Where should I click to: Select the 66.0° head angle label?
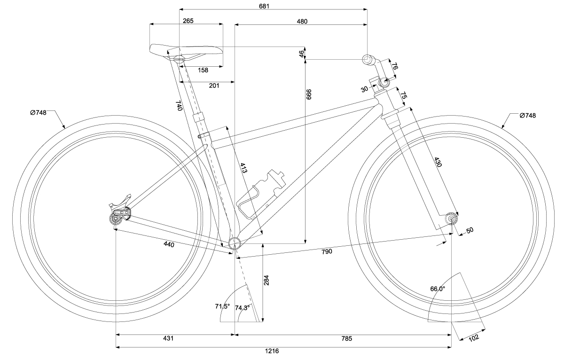pos(437,289)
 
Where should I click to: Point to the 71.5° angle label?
pos(222,306)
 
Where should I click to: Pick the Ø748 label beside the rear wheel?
pos(38,112)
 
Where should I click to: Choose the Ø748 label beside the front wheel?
pos(528,115)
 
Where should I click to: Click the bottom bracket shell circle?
pos(235,243)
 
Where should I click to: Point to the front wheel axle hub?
pos(452,219)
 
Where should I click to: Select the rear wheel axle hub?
pos(116,218)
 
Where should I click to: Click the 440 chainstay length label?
pos(169,244)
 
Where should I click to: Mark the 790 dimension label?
pos(327,251)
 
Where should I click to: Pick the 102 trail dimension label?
pos(473,337)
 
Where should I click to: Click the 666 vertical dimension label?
pos(309,94)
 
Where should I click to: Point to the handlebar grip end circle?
pos(367,59)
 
